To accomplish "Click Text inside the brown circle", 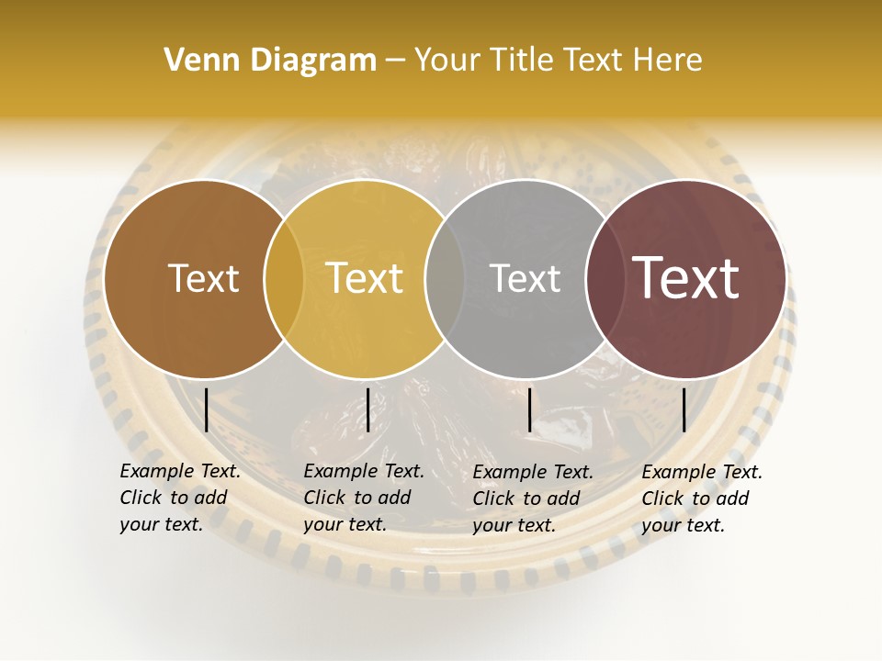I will pos(203,278).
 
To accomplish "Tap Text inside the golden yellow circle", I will pos(364,278).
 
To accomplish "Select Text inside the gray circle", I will pos(525,278).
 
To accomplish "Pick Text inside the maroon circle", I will pos(685,278).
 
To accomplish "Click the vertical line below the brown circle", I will pos(207,409).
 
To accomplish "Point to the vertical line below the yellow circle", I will pos(367,409).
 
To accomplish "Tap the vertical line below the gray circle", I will pos(530,409).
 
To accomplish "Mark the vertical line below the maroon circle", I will pos(684,409).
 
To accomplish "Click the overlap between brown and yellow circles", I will pos(284,278).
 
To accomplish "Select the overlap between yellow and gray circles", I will pos(445,278).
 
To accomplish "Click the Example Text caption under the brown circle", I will pos(179,498).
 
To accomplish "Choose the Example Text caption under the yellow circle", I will pos(363,498).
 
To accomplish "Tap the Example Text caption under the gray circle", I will pos(532,499).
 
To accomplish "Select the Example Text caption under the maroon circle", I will pos(701,499).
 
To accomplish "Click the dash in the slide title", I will pos(395,62).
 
